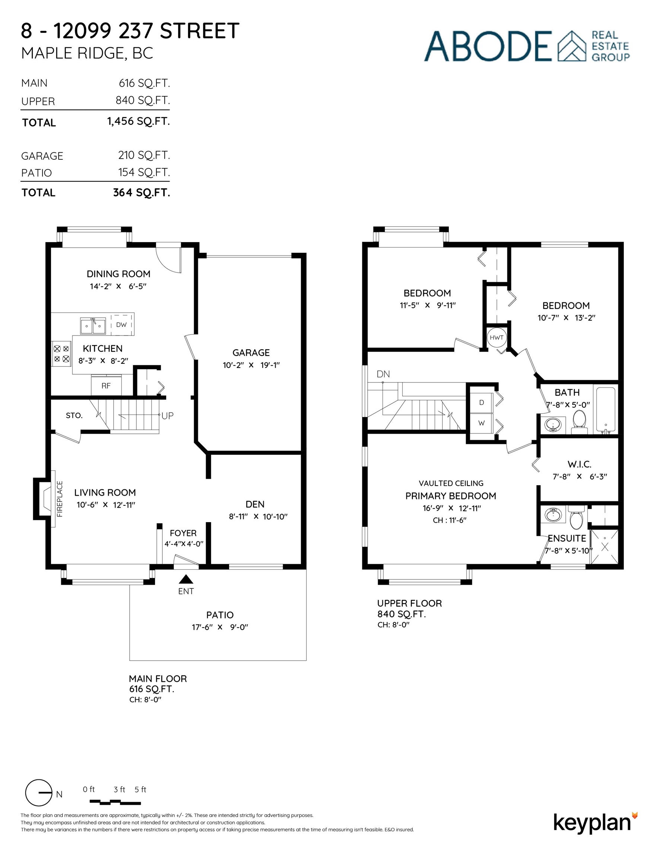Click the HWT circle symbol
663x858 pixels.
497,337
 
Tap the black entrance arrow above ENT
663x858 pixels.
186,579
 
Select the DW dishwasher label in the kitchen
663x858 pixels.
121,324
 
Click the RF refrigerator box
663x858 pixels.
106,385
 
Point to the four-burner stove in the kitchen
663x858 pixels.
61,353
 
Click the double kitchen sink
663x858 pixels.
93,326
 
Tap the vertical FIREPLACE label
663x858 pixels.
60,499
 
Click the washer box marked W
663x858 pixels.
482,423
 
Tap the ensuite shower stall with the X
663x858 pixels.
605,546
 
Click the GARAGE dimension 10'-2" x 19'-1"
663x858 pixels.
251,365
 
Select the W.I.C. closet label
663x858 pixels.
579,464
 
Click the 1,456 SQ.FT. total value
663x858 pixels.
138,121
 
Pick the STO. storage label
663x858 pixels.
74,415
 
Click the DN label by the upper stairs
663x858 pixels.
383,374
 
